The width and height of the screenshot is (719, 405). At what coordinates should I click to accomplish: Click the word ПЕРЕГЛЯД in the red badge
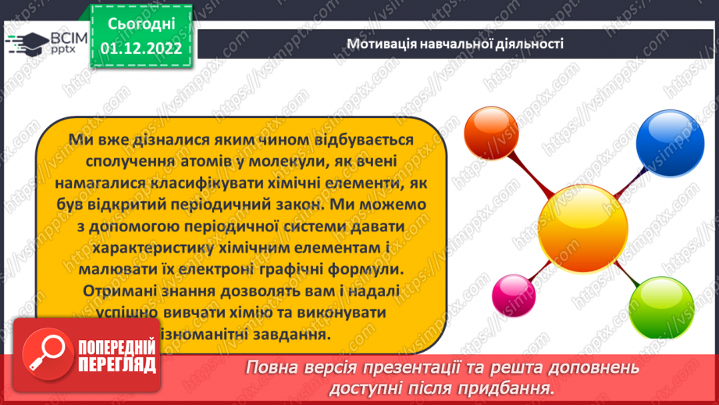tap(117, 365)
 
